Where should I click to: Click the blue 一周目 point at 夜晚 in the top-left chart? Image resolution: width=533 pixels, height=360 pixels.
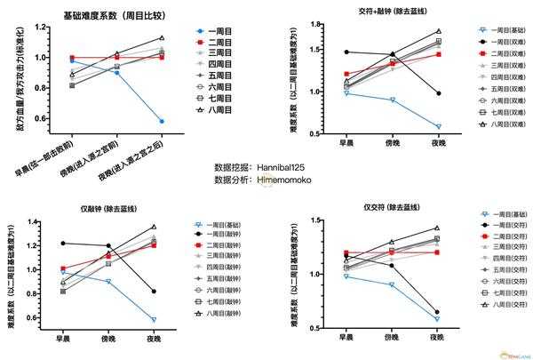coord(162,121)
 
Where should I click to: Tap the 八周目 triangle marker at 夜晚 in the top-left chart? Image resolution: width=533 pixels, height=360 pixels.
coord(162,38)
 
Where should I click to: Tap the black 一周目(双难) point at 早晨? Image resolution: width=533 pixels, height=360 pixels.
coord(346,52)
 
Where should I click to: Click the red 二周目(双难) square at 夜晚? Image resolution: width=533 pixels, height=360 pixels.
coord(438,54)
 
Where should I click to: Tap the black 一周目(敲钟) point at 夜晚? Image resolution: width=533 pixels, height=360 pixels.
coord(155,292)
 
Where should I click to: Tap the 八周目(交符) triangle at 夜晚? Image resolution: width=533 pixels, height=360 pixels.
coord(438,228)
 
